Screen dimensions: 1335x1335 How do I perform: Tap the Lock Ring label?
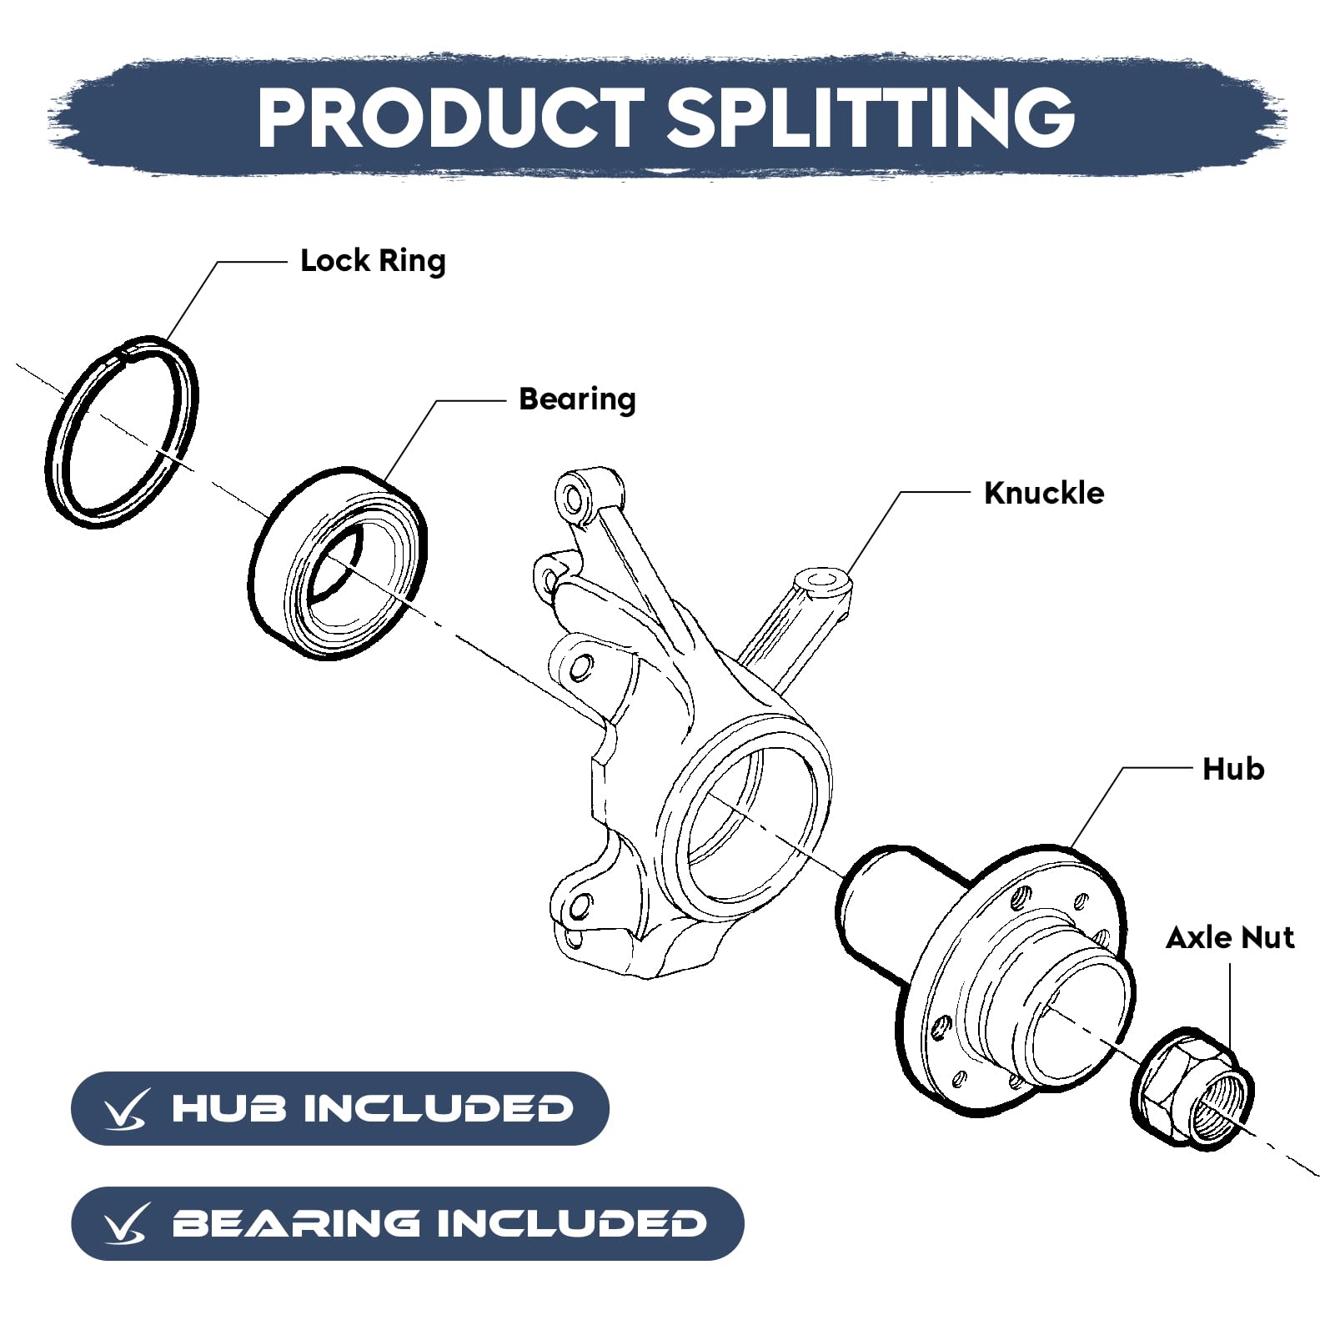pos(373,261)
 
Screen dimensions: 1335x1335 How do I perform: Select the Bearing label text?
pos(577,399)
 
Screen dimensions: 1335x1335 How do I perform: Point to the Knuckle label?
pos(1044,493)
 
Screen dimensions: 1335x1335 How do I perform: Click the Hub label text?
pos(1232,769)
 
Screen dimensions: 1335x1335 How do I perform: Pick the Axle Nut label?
pos(1230,938)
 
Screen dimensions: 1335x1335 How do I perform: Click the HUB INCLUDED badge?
pos(339,1108)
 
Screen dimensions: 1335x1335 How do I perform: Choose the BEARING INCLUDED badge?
pos(407,1223)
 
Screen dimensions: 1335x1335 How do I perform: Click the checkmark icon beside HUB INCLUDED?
pos(126,1110)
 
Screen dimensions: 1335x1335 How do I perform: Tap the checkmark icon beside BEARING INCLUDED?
pos(126,1225)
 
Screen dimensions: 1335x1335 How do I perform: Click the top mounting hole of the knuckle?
pos(573,497)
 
